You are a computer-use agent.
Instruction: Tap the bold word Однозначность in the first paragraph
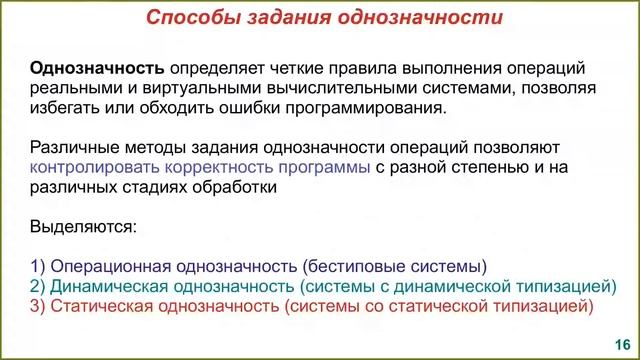(x=97, y=69)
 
